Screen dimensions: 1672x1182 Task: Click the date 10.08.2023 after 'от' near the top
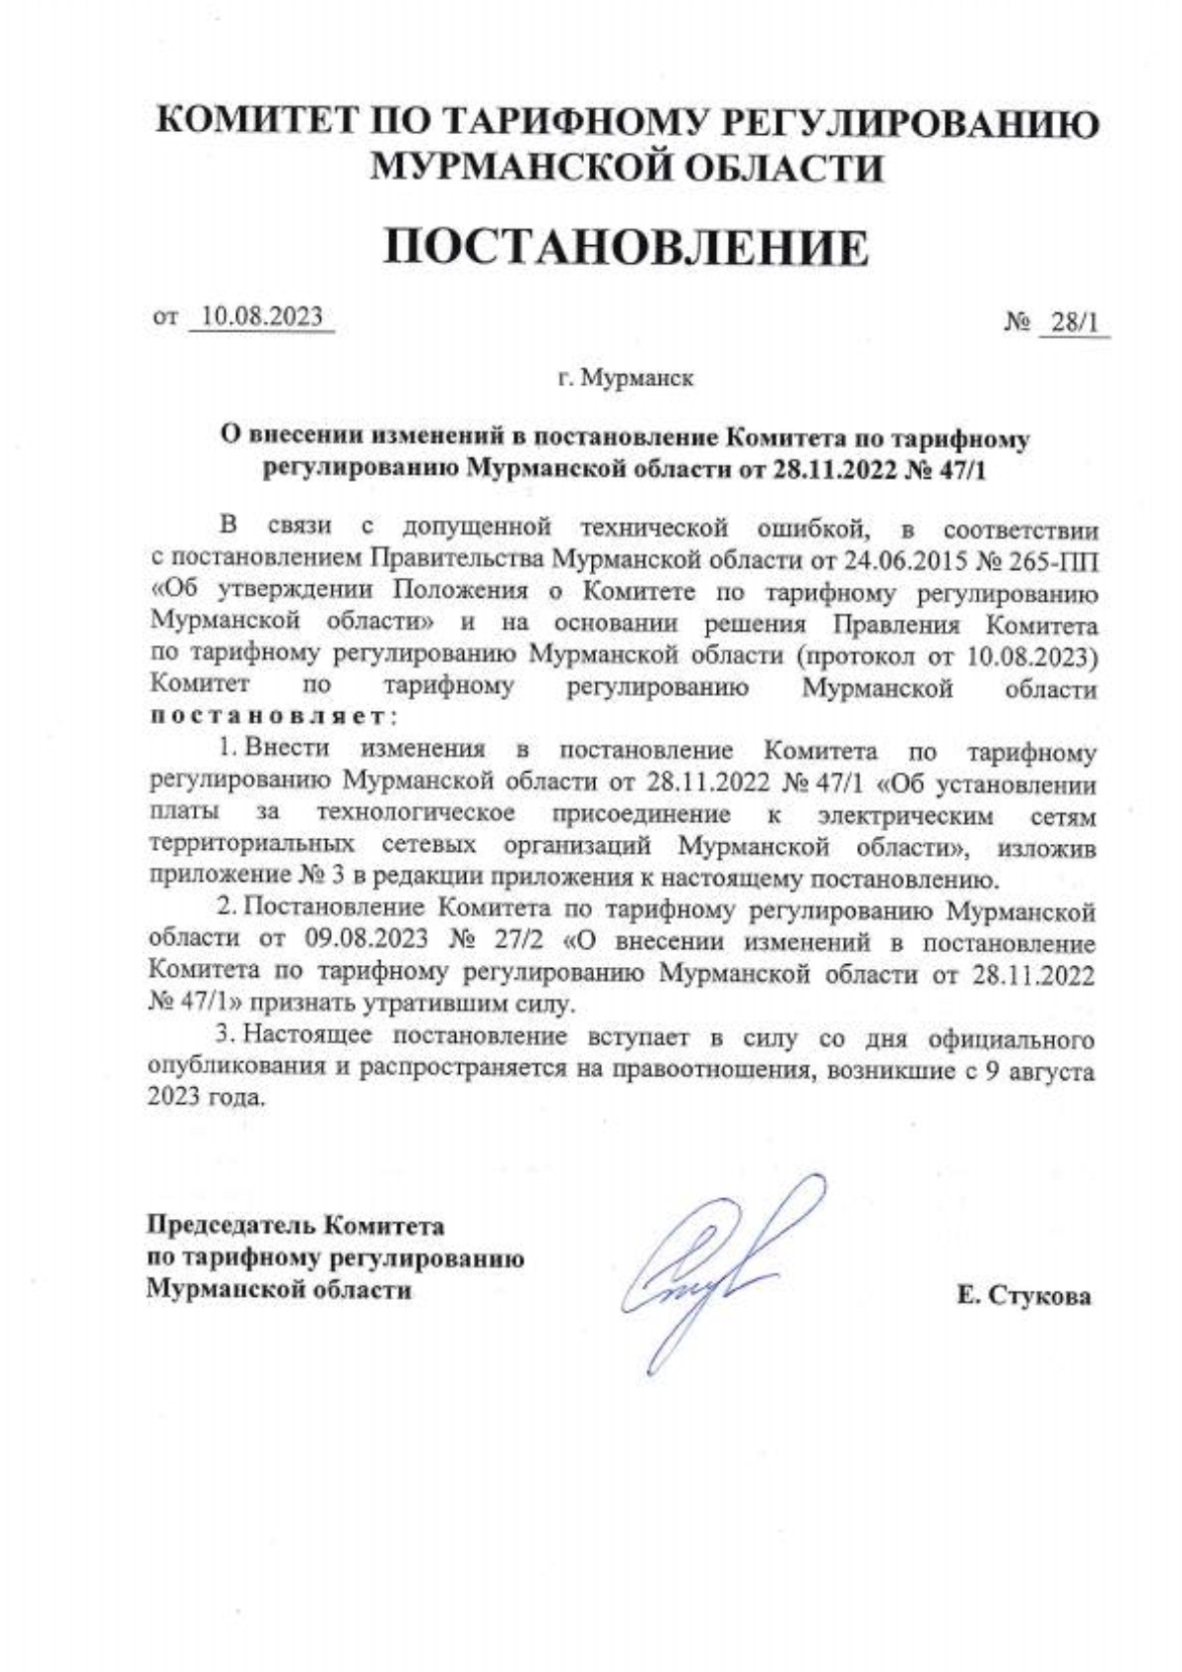tap(261, 317)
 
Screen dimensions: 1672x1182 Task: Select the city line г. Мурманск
tap(624, 378)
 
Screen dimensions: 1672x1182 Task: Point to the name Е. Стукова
tap(1023, 1296)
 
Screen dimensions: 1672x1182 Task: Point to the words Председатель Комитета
tap(295, 1226)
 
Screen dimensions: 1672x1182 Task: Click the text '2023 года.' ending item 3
tap(207, 1097)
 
